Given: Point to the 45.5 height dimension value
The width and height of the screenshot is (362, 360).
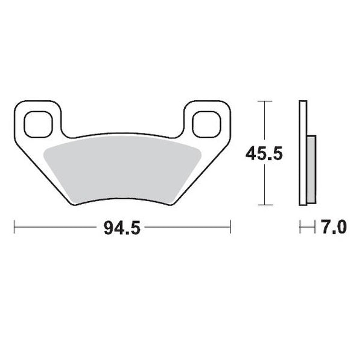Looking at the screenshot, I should coord(264,154).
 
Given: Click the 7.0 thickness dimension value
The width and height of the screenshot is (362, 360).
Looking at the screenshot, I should coord(333,228).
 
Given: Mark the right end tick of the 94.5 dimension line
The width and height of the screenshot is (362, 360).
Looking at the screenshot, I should coord(230,228).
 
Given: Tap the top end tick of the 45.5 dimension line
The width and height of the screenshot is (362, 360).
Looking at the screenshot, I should coord(264,101).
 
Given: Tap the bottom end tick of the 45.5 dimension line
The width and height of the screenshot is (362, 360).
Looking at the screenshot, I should coord(264,205).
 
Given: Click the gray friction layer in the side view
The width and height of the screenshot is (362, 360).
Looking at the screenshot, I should coord(311,169).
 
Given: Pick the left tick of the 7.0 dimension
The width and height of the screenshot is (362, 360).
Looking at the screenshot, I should coord(300,228).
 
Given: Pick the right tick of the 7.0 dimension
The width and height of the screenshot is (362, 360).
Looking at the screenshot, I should coord(315,228).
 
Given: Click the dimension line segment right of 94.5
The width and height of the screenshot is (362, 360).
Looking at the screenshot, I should coord(187,228).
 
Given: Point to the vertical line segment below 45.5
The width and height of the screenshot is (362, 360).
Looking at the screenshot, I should coord(264,184).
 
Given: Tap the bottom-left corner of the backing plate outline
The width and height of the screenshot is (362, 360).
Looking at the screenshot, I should coord(74,204).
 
